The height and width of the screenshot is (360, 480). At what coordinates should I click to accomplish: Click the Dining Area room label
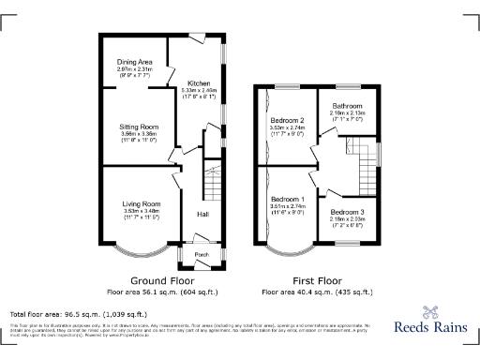[x=135, y=62]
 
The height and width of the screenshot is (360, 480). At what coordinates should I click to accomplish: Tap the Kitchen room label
[x=199, y=83]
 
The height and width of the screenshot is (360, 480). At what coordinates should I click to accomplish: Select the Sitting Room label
[x=137, y=126]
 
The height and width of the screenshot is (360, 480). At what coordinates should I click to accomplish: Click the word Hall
[x=202, y=215]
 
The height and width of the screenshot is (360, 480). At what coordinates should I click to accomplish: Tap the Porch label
[x=200, y=254]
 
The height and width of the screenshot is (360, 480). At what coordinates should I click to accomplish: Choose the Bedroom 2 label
[x=288, y=121]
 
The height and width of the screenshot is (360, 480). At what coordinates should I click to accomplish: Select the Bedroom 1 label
[x=287, y=200]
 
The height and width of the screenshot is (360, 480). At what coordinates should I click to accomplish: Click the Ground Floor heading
[x=161, y=280]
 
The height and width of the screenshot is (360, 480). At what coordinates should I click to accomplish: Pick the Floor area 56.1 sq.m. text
[x=161, y=292]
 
